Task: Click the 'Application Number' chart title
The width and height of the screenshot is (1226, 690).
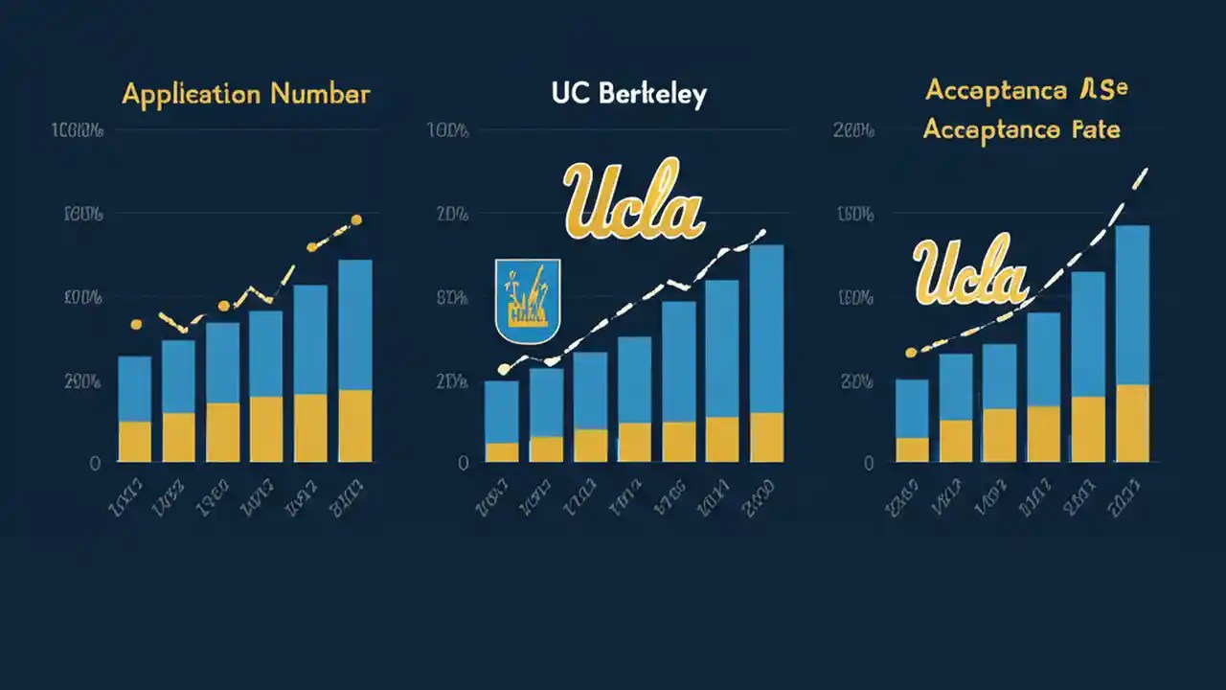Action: [246, 94]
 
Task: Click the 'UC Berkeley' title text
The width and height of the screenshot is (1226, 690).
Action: [628, 94]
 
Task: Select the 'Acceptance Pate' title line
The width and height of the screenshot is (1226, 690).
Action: [1021, 129]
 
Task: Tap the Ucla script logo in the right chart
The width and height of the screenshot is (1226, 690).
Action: [969, 272]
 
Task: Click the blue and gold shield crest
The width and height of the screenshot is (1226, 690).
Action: [528, 301]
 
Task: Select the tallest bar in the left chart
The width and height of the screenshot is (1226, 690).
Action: [355, 360]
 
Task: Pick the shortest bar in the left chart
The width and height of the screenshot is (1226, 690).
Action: [135, 409]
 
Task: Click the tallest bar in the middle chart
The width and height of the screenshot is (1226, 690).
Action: [766, 353]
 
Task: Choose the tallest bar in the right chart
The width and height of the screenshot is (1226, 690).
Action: [1133, 343]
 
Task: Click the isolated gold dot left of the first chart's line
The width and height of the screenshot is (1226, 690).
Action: [136, 325]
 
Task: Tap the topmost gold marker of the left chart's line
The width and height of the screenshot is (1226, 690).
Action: [356, 220]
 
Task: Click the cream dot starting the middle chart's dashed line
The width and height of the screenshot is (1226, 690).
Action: [504, 369]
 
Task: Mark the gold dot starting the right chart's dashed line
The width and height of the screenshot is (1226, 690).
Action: [911, 353]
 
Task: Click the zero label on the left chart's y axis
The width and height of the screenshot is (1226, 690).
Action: [95, 464]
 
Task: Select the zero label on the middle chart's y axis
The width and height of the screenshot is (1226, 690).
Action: [464, 464]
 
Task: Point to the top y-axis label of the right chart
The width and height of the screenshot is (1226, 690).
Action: [853, 133]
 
